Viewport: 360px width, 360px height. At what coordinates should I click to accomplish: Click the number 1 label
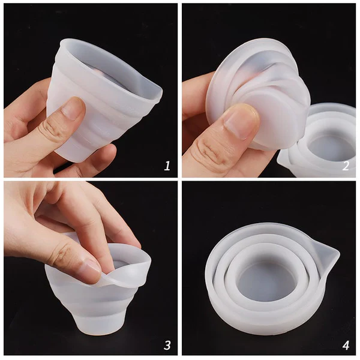pyautogui.click(x=167, y=165)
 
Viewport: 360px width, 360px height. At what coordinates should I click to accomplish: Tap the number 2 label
pyautogui.click(x=345, y=166)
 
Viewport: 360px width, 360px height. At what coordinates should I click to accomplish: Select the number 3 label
pyautogui.click(x=167, y=344)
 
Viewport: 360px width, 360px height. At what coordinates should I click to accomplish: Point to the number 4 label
pyautogui.click(x=345, y=344)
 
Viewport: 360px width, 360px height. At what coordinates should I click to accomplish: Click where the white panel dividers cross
pyautogui.click(x=180, y=179)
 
